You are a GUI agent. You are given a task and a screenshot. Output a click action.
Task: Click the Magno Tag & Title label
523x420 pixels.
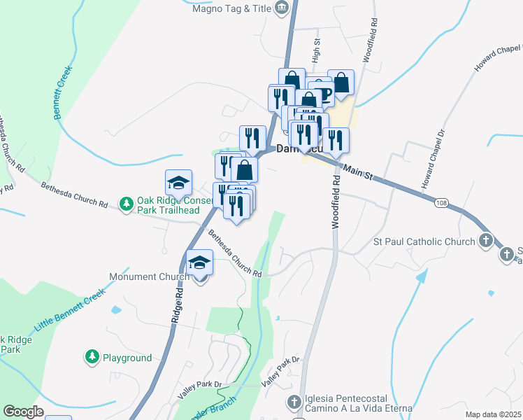tap(232, 8)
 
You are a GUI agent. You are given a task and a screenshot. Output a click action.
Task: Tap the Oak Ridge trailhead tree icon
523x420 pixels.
tap(126, 204)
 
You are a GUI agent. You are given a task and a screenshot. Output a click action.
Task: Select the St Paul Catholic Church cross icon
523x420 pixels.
tap(487, 241)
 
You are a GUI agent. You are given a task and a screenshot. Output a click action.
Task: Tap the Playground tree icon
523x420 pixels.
tap(92, 357)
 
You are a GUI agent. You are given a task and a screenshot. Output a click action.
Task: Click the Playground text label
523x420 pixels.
tap(127, 358)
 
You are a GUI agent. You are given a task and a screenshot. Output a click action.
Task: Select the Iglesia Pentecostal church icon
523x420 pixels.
tap(294, 402)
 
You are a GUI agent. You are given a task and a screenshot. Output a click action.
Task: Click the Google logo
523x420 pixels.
tap(23, 412)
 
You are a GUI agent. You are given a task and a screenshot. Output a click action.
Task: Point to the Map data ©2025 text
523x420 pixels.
tap(493, 414)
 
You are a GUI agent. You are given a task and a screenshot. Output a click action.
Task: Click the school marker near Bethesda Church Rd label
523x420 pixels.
tap(178, 183)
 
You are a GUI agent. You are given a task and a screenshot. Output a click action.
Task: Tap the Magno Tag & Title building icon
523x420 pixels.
tap(282, 8)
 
